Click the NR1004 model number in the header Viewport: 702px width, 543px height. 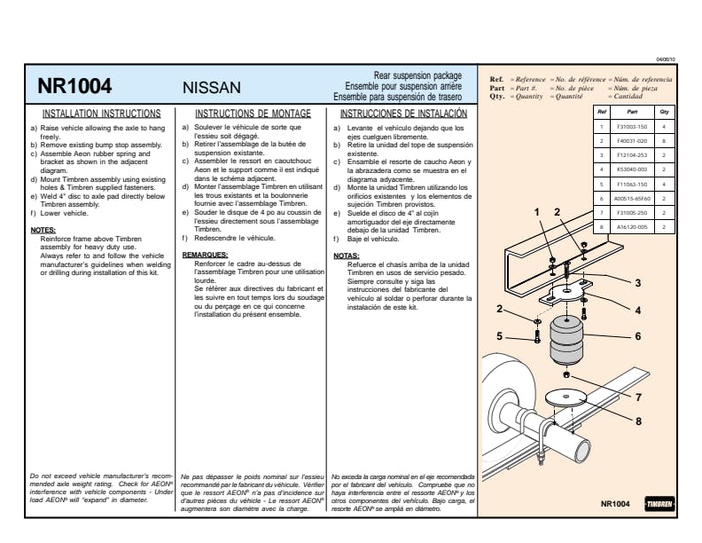(74, 86)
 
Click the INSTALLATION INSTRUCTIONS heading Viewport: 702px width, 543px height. (102, 114)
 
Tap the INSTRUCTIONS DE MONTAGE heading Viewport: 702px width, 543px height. (253, 114)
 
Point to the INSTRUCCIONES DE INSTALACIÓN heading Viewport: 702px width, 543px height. (403, 114)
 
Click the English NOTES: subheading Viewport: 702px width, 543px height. (43, 230)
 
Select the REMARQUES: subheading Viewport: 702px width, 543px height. (205, 255)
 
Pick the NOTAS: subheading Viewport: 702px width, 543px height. (347, 255)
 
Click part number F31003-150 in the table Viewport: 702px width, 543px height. (632, 127)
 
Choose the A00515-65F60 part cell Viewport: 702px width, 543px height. (633, 199)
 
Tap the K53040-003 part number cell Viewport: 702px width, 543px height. (632, 169)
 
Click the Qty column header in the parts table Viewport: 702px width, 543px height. (664, 113)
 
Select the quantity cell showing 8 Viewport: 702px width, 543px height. (664, 141)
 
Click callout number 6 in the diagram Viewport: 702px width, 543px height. (637, 336)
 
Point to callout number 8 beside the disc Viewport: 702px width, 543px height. (637, 421)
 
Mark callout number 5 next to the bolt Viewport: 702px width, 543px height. (499, 336)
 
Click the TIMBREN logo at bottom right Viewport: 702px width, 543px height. (659, 504)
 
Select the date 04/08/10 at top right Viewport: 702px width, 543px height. (665, 59)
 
